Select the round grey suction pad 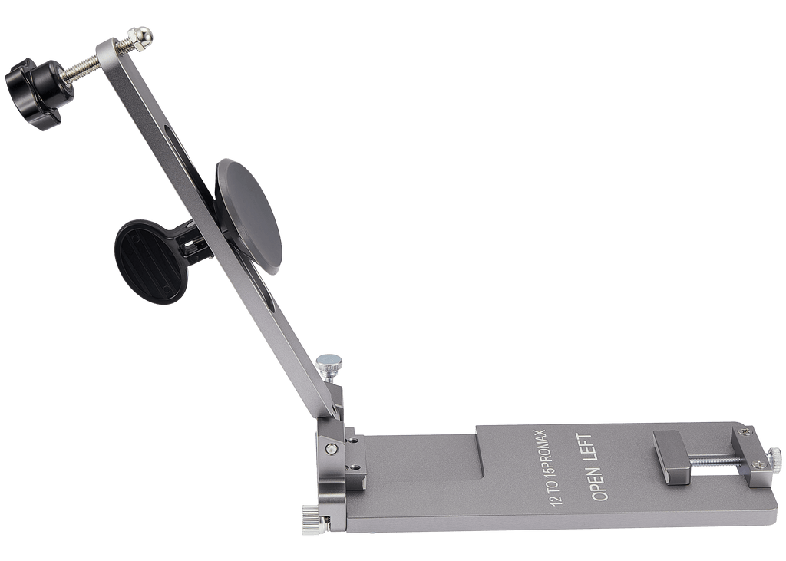click(x=249, y=216)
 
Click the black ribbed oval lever click(x=150, y=262)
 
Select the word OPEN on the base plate click(x=599, y=482)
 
